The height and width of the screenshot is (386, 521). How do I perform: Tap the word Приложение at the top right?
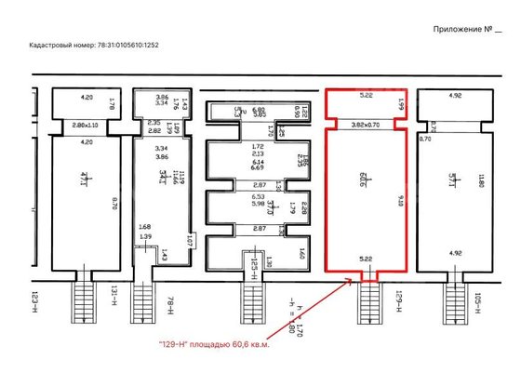(x=461, y=29)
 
